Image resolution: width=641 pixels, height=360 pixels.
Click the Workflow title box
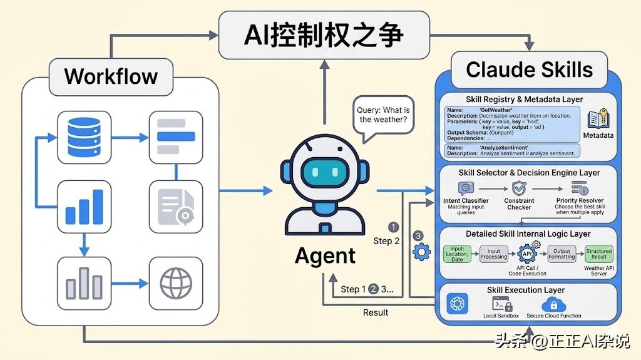click(111, 77)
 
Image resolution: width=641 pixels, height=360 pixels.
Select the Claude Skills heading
click(529, 69)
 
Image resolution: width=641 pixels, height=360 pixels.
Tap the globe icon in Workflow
click(176, 283)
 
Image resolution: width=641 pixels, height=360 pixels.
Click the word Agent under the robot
click(325, 255)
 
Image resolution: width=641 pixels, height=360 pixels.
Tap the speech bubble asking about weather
click(383, 116)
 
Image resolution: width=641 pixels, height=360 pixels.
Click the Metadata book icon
click(598, 120)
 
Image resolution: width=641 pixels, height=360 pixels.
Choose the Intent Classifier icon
click(466, 188)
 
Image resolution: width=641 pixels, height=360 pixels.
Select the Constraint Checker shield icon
click(518, 188)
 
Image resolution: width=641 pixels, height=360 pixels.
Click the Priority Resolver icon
click(578, 188)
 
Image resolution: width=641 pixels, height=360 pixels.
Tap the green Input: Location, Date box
click(457, 254)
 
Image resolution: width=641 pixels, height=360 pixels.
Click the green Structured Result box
click(598, 254)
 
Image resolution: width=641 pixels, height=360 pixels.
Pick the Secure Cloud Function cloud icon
click(553, 305)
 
